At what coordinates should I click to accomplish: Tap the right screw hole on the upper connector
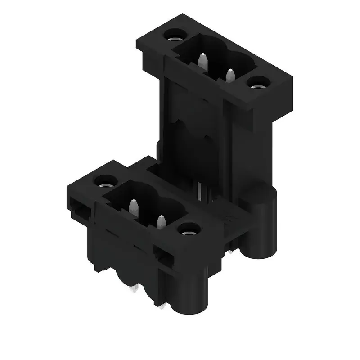(x=257, y=83)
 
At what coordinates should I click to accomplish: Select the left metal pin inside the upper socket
(x=203, y=60)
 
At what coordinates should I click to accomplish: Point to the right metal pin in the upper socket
(x=231, y=76)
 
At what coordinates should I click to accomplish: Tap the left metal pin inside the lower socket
(x=133, y=208)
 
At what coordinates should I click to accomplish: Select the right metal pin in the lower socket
(x=161, y=223)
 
